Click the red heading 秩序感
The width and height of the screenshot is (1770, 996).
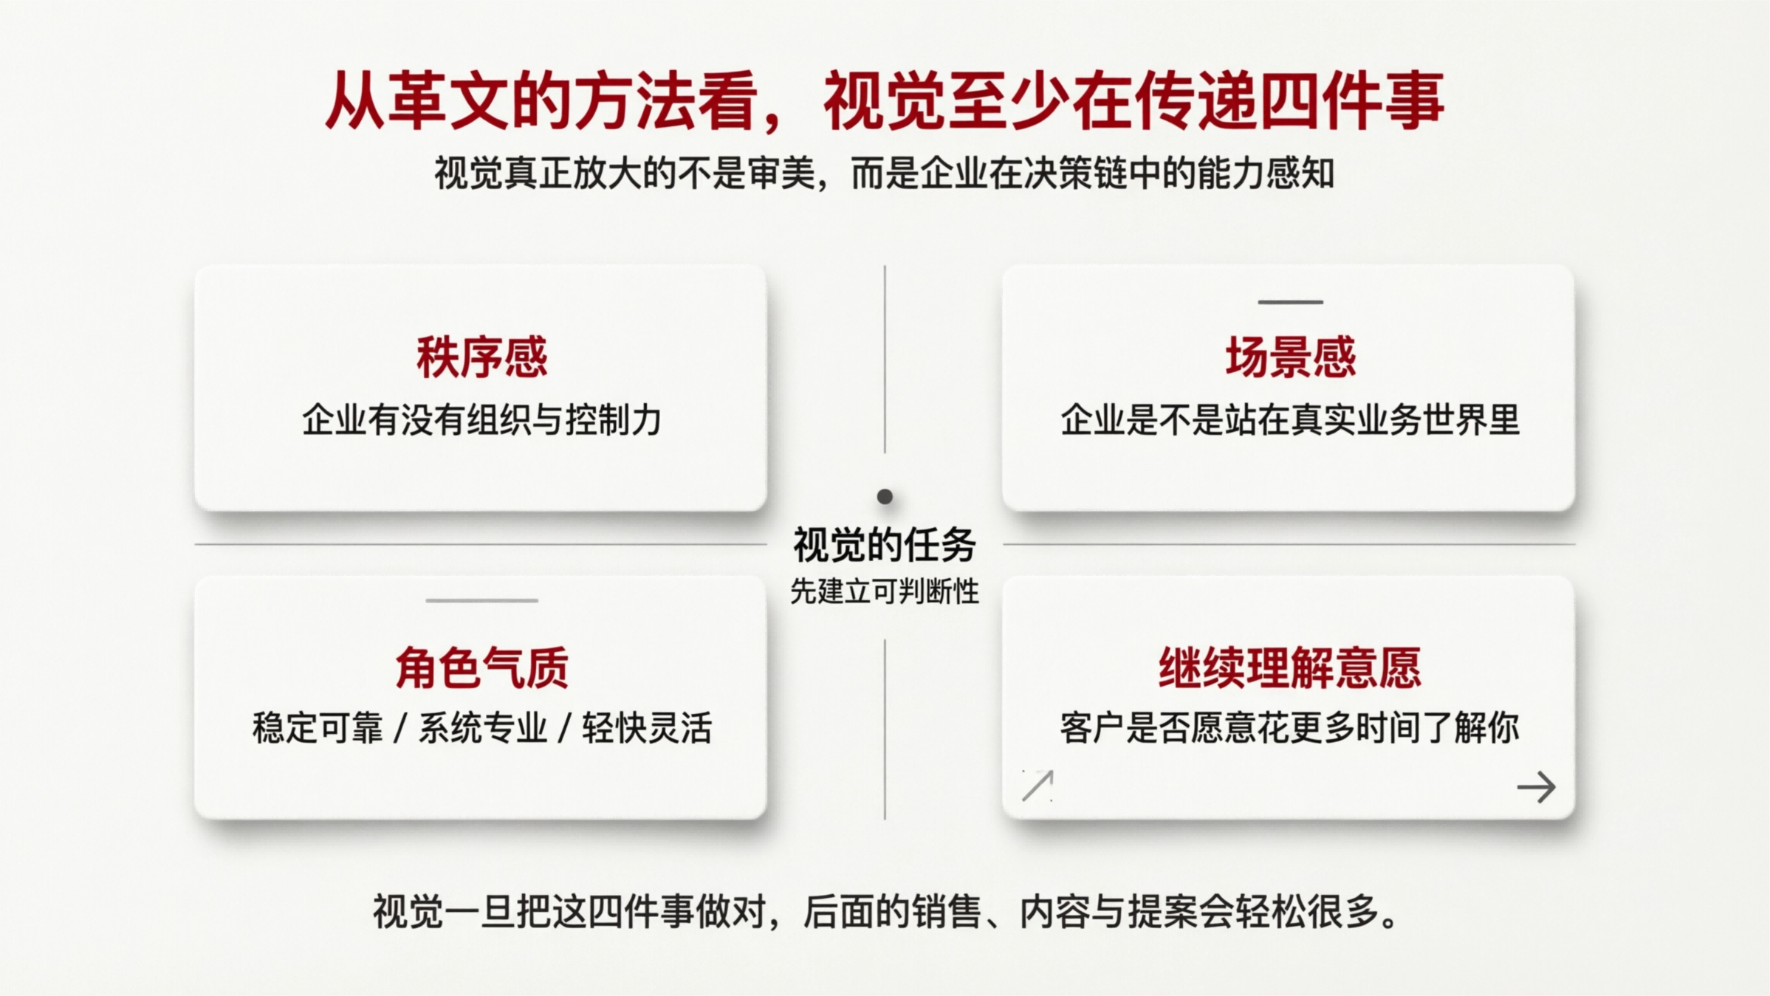481,357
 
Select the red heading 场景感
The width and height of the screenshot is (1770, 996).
1290,357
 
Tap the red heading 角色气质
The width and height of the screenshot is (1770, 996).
481,667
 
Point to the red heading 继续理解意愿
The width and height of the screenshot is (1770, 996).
1289,667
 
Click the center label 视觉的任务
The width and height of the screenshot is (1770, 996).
885,545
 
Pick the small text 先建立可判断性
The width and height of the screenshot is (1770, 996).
885,591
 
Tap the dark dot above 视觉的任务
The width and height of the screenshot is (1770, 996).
885,497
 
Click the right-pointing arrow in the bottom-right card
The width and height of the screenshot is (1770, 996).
1536,787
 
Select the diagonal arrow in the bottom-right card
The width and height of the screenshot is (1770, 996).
1037,786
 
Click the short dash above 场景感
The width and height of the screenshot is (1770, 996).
1290,302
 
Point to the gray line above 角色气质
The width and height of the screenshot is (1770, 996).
481,600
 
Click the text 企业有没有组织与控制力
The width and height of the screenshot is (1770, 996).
481,420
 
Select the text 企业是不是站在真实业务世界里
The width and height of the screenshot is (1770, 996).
1290,420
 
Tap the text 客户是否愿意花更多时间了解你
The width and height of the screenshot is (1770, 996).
1289,728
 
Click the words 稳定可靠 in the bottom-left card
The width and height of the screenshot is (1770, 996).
318,728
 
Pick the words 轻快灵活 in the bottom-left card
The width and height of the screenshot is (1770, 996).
647,728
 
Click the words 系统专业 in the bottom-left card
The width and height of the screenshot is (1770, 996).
483,728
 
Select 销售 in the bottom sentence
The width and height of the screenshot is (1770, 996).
947,912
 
